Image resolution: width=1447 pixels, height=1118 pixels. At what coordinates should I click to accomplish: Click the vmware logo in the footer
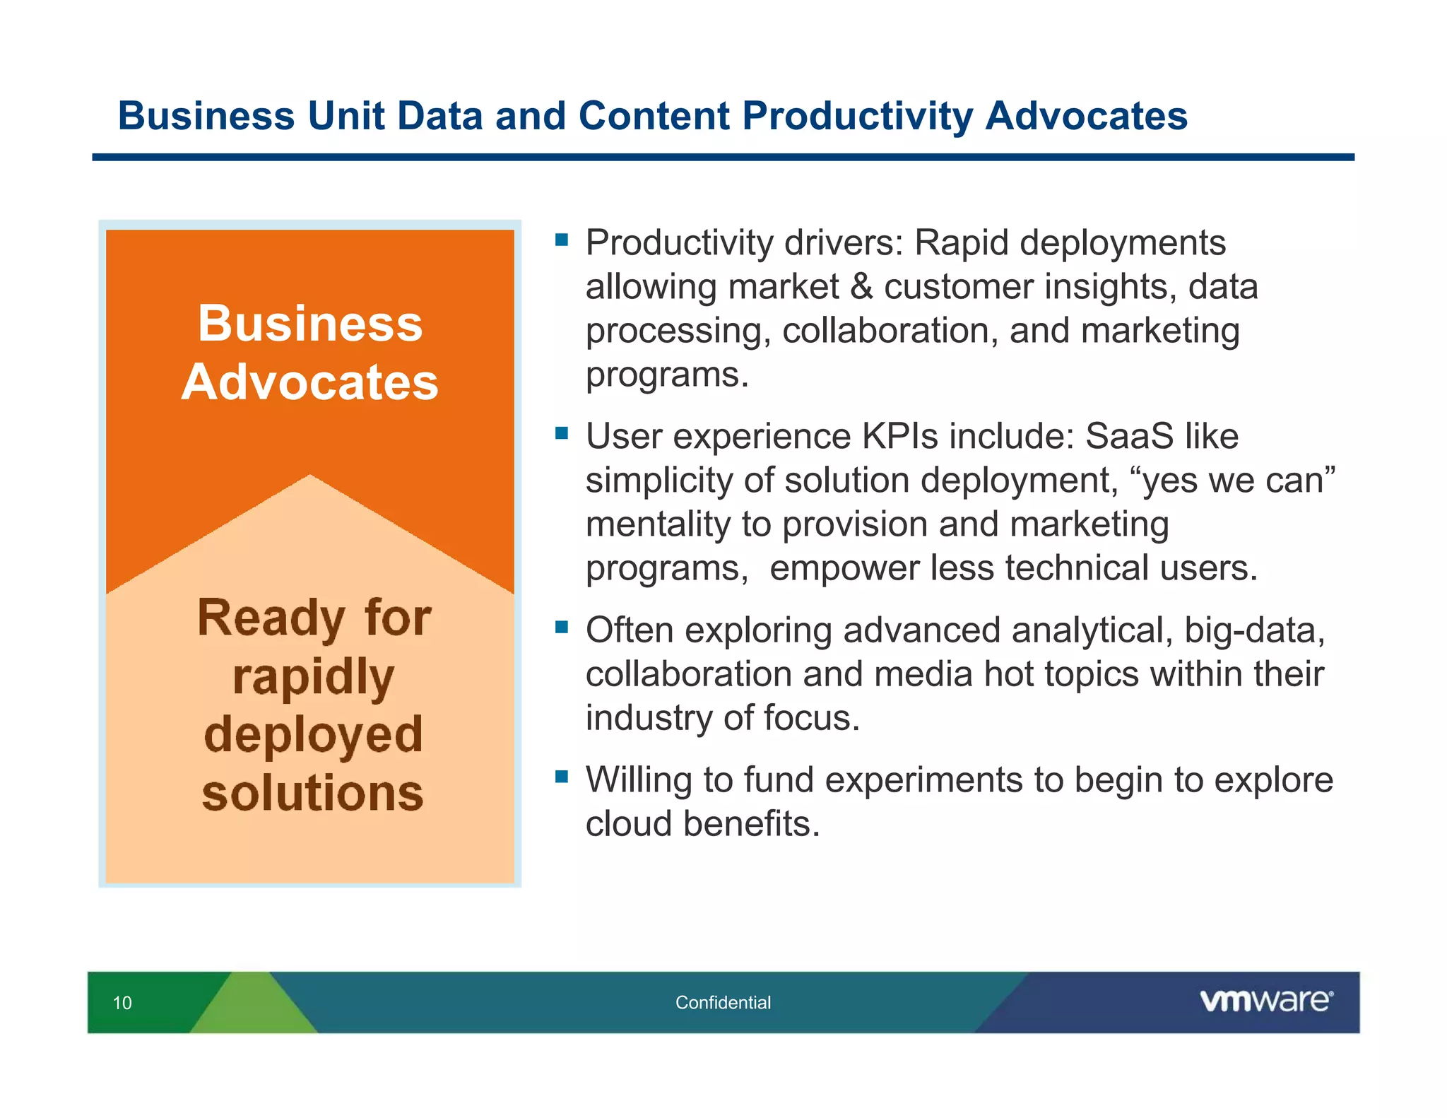[x=1265, y=1001]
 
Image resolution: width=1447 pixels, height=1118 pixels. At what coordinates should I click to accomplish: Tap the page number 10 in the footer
[x=122, y=1003]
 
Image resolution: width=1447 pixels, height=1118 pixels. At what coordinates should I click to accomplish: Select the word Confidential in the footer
[x=723, y=1002]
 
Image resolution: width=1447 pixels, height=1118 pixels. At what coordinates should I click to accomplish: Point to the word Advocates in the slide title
[x=1086, y=116]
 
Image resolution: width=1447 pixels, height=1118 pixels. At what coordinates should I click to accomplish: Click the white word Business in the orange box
[x=310, y=324]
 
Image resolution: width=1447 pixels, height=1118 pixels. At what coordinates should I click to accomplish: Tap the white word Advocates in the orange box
[x=310, y=382]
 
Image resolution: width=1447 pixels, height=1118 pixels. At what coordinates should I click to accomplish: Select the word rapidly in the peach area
[x=313, y=677]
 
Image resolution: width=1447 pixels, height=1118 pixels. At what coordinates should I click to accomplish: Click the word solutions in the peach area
[x=313, y=793]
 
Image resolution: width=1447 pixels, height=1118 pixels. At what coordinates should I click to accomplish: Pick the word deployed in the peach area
[x=313, y=735]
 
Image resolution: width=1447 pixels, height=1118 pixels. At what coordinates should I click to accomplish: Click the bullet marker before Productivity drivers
[x=562, y=240]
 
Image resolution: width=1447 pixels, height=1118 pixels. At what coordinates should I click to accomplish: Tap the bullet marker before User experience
[x=562, y=433]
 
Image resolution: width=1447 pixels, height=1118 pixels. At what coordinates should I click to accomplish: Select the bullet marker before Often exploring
[x=562, y=627]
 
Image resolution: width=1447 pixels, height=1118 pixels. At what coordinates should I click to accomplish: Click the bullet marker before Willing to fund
[x=562, y=777]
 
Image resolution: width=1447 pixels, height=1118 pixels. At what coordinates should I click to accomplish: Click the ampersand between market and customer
[x=861, y=287]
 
